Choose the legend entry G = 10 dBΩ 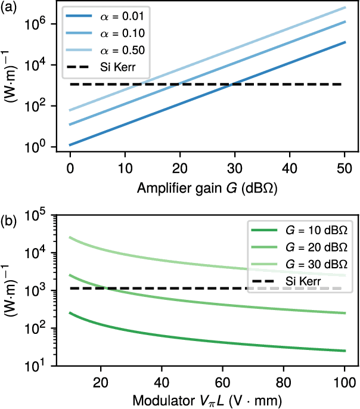tap(309, 231)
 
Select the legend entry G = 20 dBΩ tap(309, 247)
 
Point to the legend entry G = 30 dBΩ tap(309, 263)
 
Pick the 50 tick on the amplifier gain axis tap(344, 164)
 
